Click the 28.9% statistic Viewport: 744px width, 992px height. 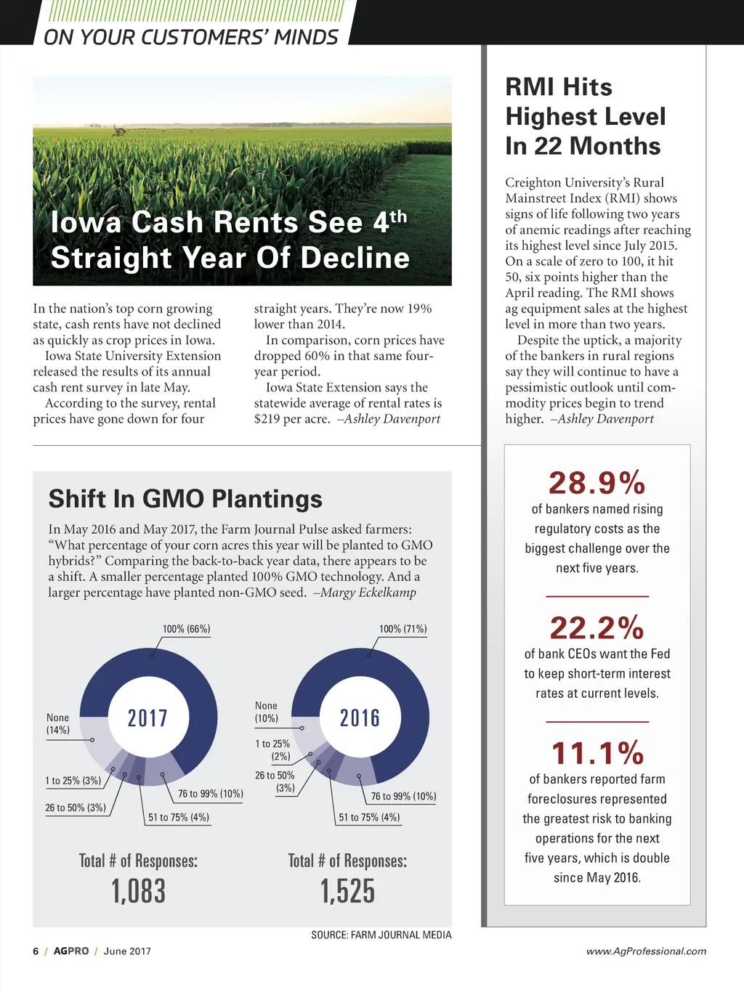point(597,483)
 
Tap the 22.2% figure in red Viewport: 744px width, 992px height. point(597,628)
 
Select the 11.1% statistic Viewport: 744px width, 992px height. point(597,753)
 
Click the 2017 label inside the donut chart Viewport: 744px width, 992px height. point(147,718)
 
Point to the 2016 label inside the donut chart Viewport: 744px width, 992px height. point(360,718)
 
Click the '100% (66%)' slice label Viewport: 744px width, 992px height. point(186,629)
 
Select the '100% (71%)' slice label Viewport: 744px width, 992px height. point(403,629)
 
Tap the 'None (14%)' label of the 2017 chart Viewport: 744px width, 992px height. point(58,723)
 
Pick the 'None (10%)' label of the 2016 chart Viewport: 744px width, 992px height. point(266,712)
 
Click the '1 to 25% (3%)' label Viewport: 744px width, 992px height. point(73,781)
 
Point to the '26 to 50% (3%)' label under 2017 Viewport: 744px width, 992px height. point(76,808)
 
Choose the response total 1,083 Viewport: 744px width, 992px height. point(138,891)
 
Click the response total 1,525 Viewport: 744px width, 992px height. point(347,891)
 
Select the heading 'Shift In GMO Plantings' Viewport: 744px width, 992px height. point(185,499)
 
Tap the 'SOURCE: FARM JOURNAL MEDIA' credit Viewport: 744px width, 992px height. point(381,935)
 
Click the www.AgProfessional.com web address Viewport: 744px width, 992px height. point(646,951)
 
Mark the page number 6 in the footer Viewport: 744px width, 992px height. point(36,951)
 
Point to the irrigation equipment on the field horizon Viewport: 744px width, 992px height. point(119,131)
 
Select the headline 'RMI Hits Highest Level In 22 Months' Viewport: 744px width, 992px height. point(585,116)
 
